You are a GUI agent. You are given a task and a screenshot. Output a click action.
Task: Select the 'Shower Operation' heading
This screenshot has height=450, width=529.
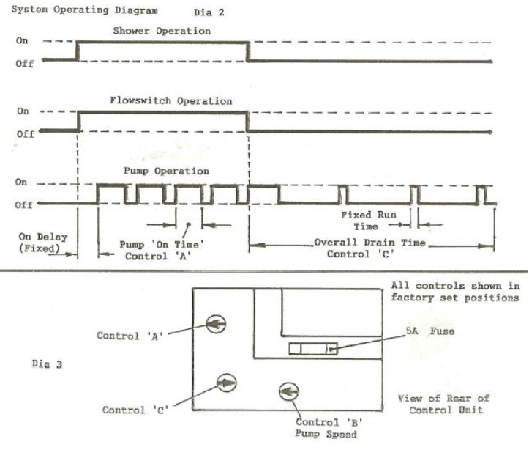162,31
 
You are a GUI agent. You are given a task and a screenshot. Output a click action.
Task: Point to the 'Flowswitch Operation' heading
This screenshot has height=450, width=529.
171,101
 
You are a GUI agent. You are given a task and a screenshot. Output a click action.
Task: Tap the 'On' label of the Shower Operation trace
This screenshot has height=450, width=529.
23,41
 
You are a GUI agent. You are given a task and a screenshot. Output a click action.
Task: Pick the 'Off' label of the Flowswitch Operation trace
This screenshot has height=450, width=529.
25,134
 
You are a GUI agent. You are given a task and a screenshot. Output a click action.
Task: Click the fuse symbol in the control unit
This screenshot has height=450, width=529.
314,349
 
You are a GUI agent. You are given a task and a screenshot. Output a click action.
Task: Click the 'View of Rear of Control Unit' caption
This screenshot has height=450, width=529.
443,405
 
